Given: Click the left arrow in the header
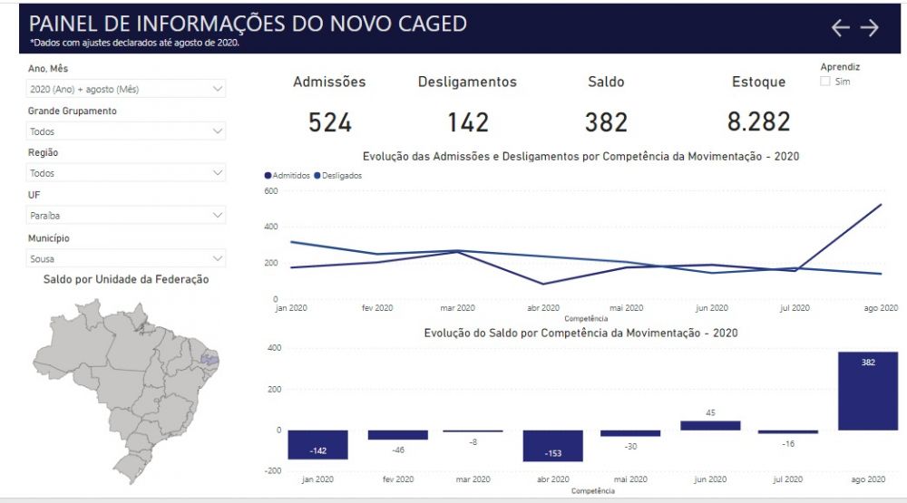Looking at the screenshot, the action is [841, 27].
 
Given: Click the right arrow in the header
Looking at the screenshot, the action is [870, 27].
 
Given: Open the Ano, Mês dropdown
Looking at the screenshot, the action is [125, 89].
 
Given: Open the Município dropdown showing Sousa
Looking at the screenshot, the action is [125, 258].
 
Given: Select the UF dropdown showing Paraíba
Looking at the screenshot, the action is [125, 215].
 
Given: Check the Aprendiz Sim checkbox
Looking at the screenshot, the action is [825, 82].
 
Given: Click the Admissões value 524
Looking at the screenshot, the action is [330, 122].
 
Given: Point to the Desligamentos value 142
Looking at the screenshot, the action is [468, 122].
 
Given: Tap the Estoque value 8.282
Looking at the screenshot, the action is [758, 121].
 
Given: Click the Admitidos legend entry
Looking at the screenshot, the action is [287, 175].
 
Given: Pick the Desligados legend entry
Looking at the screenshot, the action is [337, 175].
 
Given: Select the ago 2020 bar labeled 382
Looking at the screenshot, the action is [868, 391].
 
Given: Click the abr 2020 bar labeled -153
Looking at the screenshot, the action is [553, 446].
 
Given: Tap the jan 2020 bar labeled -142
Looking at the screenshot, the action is [317, 445].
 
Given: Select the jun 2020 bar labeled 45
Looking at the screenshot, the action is [710, 426].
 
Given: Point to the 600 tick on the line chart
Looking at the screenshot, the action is [270, 191].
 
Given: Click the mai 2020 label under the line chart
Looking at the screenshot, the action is [627, 308].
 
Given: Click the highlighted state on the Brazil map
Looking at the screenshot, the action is [210, 360].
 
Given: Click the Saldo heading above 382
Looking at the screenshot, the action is [606, 82].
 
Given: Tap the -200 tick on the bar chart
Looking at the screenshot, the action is [273, 470].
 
